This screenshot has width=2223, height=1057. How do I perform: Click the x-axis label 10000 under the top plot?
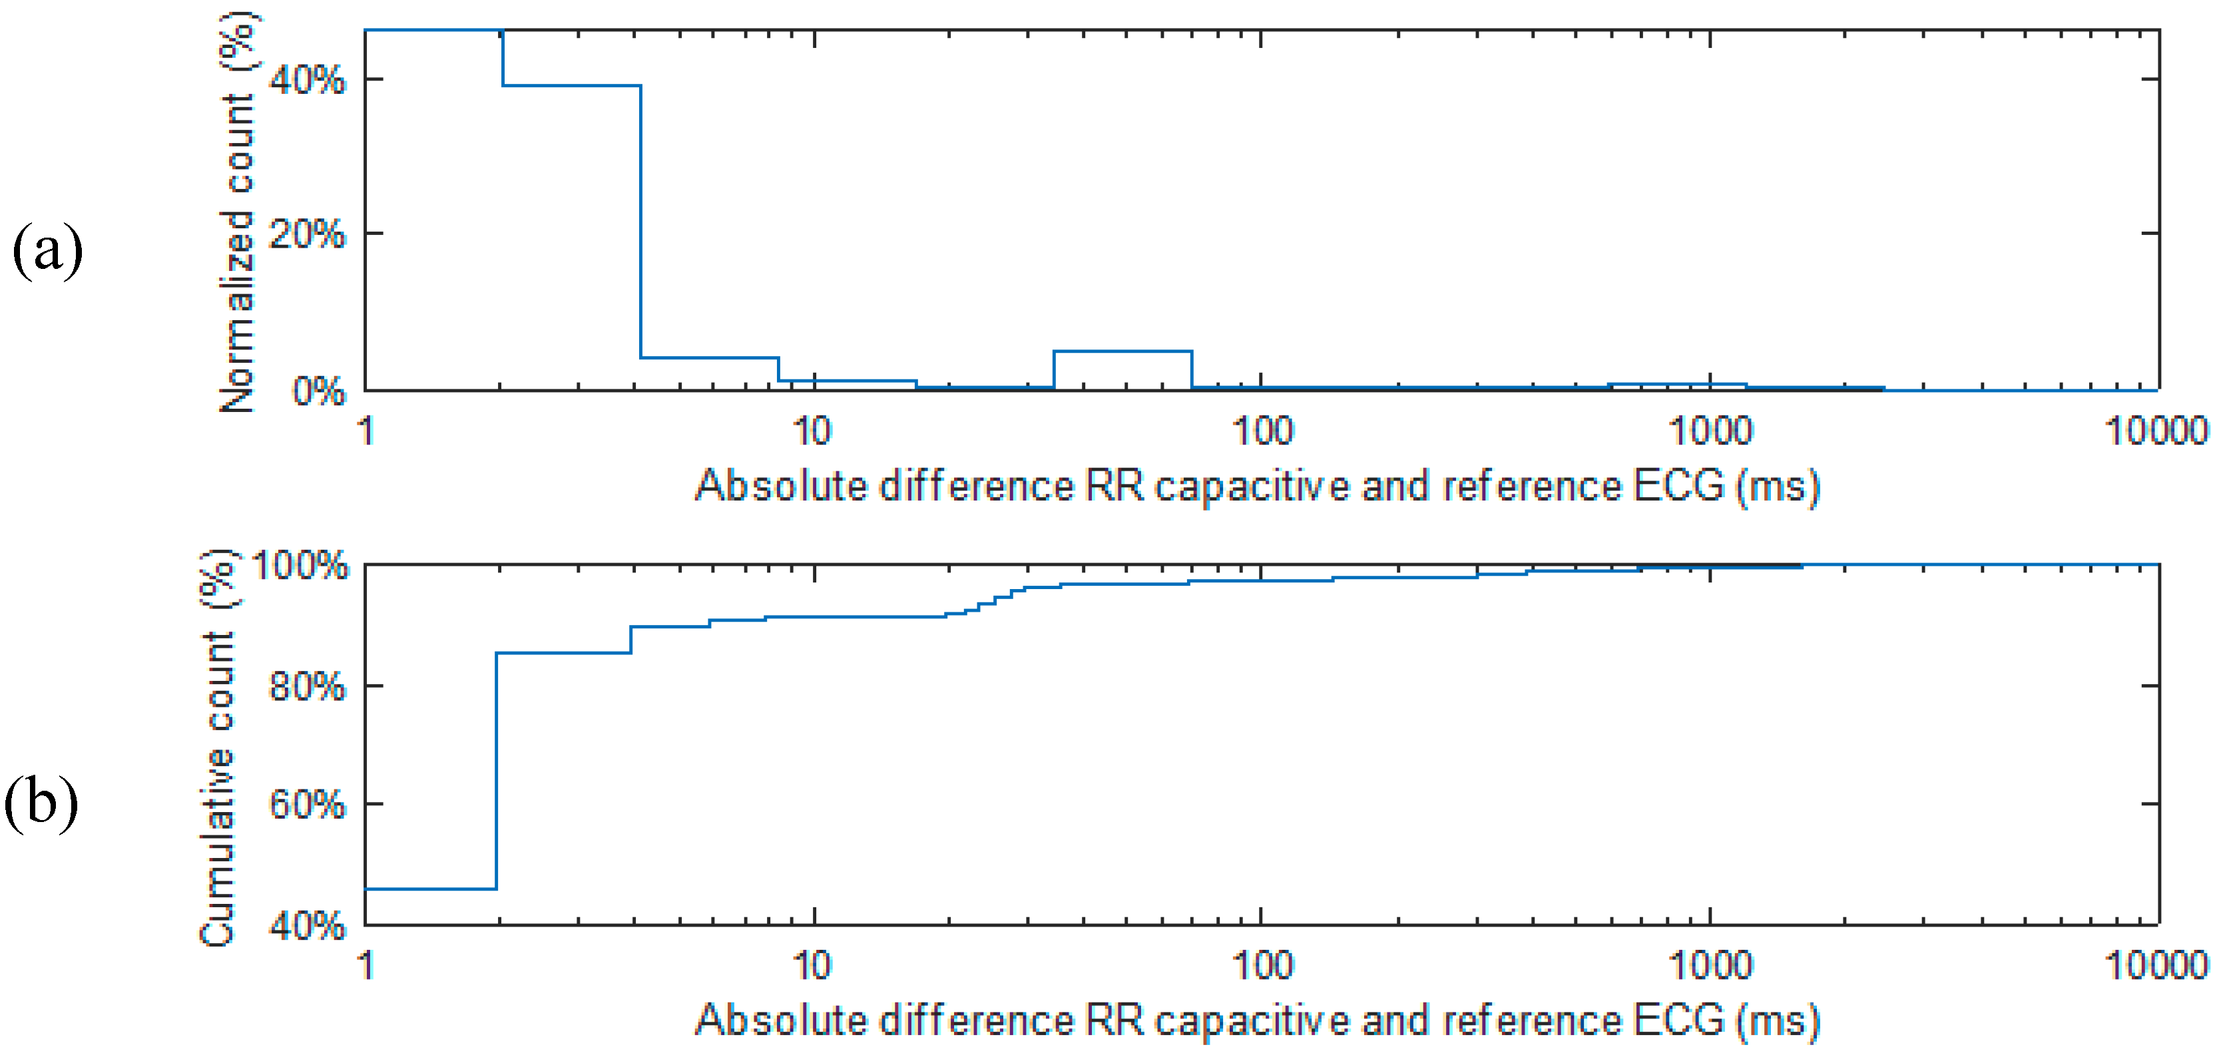point(2156,430)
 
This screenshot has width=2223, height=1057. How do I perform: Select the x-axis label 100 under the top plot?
point(1262,430)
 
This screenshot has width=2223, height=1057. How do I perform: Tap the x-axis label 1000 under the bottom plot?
point(1710,964)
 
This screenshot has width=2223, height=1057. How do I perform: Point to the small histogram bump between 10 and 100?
point(1122,352)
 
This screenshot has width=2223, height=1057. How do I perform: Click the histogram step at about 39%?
point(571,85)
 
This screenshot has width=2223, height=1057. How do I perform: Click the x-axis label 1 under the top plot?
point(367,430)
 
